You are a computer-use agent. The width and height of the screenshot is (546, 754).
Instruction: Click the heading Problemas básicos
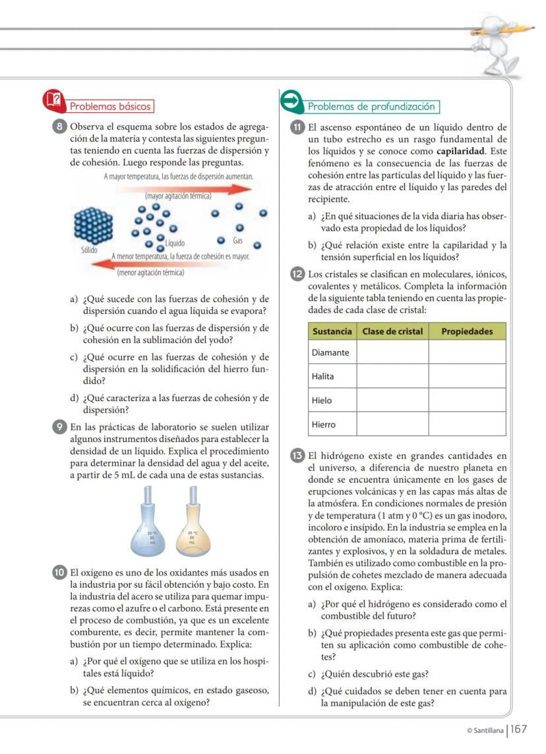point(110,106)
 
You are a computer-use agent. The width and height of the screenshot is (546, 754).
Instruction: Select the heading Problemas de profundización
point(372,106)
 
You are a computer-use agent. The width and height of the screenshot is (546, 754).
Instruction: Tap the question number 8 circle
point(60,127)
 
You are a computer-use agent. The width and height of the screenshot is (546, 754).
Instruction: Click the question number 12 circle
point(297,274)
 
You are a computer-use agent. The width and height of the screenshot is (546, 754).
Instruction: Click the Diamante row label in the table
point(331,352)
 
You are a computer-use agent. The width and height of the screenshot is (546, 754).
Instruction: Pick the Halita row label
point(323,376)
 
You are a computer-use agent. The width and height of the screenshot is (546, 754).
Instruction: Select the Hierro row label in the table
point(324,424)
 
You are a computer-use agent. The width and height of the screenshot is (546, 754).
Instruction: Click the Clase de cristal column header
point(392,331)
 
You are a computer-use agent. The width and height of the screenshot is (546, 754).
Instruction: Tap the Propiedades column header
point(467,331)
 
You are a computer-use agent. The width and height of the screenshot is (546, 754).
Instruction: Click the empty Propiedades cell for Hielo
point(467,400)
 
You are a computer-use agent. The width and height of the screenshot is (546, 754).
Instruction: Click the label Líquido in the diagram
point(175,243)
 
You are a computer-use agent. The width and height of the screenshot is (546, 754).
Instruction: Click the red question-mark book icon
point(54,100)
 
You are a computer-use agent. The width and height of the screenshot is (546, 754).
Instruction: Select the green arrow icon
point(291,101)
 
